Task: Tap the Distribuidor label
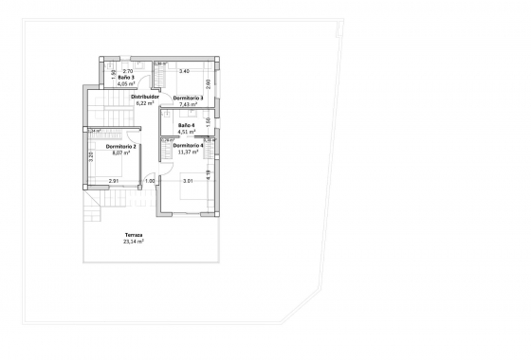click(144, 96)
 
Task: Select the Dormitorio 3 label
click(188, 98)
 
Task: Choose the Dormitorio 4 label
click(188, 145)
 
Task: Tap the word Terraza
click(133, 236)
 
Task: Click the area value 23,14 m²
click(133, 242)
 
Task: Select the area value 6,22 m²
click(144, 102)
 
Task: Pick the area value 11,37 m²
click(188, 152)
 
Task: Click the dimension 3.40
click(184, 71)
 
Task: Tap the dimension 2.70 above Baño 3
click(128, 71)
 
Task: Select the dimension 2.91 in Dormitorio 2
click(113, 180)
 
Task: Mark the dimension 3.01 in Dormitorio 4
click(188, 180)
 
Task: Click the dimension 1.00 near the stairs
click(149, 180)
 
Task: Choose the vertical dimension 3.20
click(90, 156)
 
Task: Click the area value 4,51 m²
click(186, 132)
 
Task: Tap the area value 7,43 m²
click(188, 104)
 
